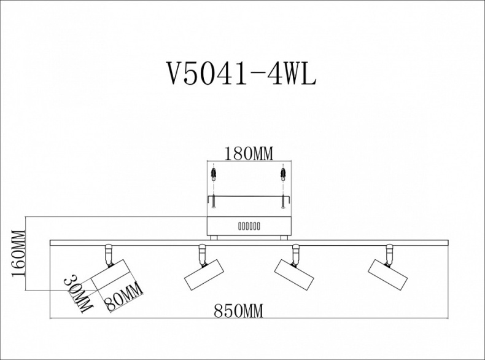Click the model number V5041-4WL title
pyautogui.click(x=241, y=75)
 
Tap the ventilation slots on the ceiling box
pyautogui.click(x=249, y=225)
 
